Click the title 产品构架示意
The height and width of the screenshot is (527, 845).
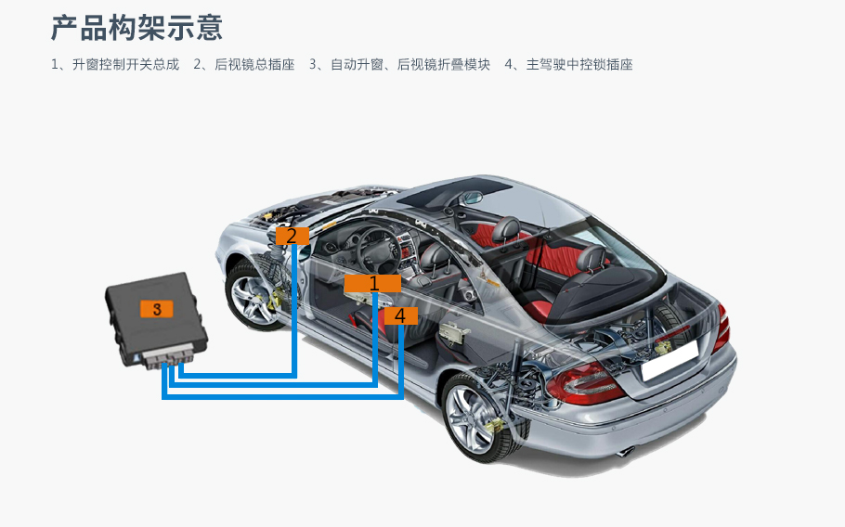pos(136,28)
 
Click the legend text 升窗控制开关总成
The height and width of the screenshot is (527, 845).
pos(125,65)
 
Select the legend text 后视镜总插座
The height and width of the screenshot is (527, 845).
pos(254,65)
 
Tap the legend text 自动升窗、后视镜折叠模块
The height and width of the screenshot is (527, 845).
pos(410,65)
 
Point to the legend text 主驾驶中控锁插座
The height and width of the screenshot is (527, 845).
pos(579,65)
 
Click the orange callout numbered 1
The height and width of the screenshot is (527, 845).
pos(372,283)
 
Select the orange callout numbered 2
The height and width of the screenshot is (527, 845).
pos(292,236)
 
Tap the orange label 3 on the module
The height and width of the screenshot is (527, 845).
pos(157,309)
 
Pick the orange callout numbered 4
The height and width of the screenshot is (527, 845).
pos(401,316)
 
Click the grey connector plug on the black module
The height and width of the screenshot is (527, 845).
pos(169,357)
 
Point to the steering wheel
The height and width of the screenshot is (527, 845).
pos(381,250)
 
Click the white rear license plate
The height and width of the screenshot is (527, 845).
pos(669,360)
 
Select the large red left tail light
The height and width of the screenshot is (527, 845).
pos(584,383)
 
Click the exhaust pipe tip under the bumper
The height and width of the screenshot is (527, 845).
pos(625,452)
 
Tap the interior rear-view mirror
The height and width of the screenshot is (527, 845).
pos(472,198)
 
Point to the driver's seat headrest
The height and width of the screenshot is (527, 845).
pos(435,256)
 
